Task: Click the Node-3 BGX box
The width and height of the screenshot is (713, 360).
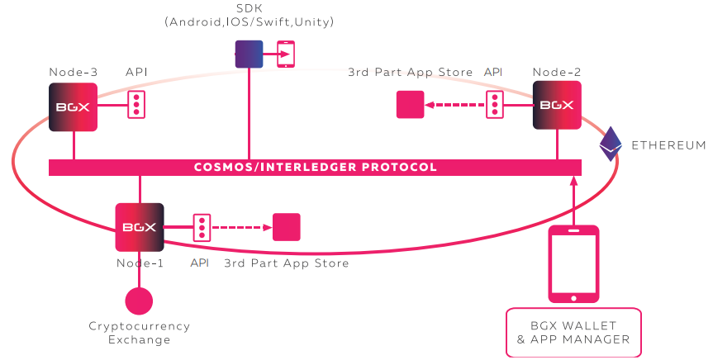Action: (74, 106)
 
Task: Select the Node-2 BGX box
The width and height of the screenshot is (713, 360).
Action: (557, 106)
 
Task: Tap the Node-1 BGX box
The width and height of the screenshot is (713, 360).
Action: (140, 227)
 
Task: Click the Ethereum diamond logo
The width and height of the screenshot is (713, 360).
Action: (611, 144)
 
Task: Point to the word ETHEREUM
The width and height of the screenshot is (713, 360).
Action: (668, 145)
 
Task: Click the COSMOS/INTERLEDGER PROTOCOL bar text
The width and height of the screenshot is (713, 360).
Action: (315, 167)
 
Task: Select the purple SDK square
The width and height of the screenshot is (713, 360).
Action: (249, 54)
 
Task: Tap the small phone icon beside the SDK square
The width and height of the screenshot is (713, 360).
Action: (286, 54)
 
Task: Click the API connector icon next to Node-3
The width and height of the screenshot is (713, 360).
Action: (136, 105)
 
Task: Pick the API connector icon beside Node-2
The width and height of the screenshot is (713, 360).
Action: (494, 105)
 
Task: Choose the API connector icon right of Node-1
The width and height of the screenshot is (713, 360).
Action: (201, 227)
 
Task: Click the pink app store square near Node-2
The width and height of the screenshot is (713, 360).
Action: (410, 105)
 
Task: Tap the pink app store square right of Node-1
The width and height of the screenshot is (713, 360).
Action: (287, 227)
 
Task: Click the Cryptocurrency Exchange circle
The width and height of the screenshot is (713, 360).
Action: (139, 301)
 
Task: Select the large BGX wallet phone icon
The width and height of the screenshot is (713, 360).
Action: (574, 263)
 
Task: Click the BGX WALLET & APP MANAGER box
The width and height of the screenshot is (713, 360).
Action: (573, 332)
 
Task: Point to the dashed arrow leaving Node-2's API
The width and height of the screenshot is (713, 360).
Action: (455, 105)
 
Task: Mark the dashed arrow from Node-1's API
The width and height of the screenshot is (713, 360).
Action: (241, 227)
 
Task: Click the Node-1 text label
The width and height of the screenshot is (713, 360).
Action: (140, 263)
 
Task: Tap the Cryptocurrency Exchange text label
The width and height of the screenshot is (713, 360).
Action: (139, 333)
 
